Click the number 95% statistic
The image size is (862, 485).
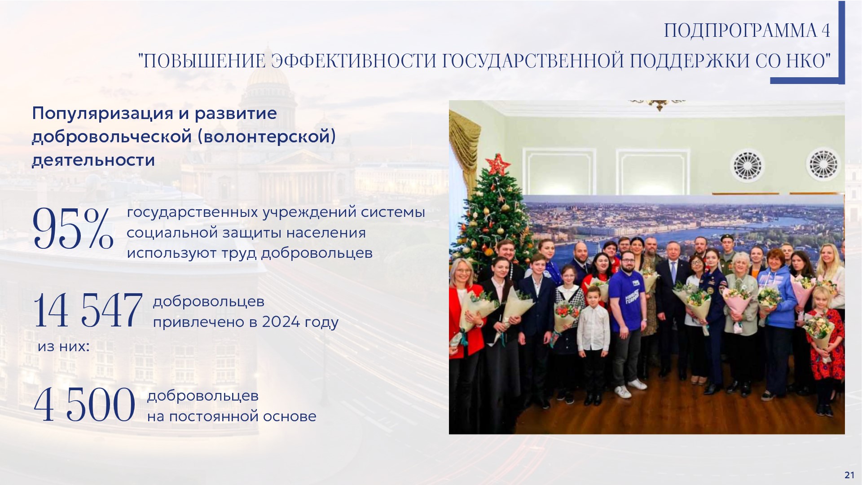click(73, 229)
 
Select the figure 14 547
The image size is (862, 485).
click(88, 310)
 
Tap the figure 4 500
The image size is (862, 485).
click(84, 405)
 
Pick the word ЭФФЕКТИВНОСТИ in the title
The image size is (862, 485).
click(354, 62)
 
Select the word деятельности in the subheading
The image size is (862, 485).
click(93, 160)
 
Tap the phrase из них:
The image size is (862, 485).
click(63, 347)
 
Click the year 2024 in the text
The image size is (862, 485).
click(281, 322)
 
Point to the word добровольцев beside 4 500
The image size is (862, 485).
click(203, 396)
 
